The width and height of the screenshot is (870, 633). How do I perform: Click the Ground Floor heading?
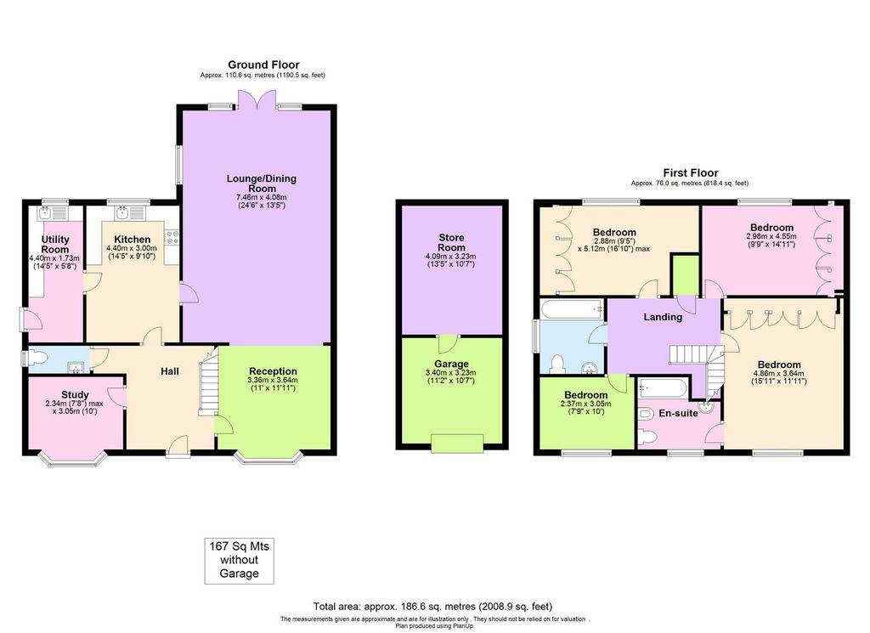pyautogui.click(x=263, y=65)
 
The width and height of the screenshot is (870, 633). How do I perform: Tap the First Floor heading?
pyautogui.click(x=690, y=172)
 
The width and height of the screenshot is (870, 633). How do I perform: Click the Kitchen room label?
pyautogui.click(x=132, y=240)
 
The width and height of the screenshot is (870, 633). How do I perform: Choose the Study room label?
pyautogui.click(x=74, y=394)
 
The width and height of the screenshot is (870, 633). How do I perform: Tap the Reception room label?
pyautogui.click(x=273, y=371)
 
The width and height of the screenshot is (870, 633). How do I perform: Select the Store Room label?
pyautogui.click(x=451, y=242)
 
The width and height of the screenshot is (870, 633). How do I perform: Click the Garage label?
pyautogui.click(x=451, y=364)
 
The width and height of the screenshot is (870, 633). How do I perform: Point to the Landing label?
pyautogui.click(x=663, y=317)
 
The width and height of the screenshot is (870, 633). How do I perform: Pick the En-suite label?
pyautogui.click(x=678, y=414)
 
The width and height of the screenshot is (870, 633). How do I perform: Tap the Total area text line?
pyautogui.click(x=433, y=607)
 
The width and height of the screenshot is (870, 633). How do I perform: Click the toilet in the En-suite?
pyautogui.click(x=647, y=436)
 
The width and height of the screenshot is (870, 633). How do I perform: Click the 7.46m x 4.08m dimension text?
pyautogui.click(x=263, y=197)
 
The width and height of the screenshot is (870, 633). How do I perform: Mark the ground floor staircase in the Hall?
pyautogui.click(x=208, y=387)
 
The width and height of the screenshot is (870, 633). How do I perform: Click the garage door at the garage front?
pyautogui.click(x=456, y=443)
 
